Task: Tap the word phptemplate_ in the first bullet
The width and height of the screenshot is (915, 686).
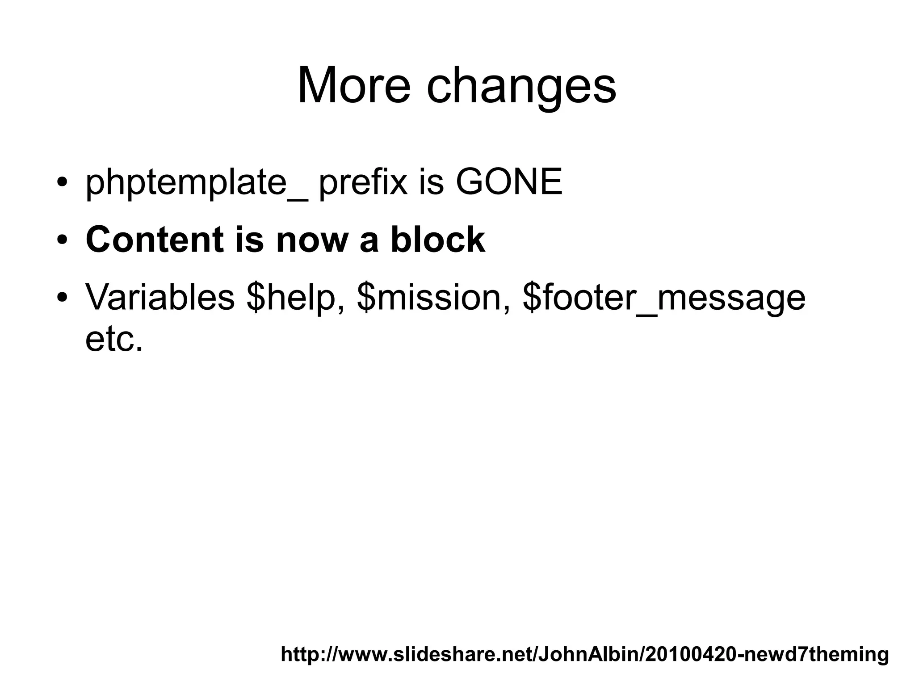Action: (x=197, y=183)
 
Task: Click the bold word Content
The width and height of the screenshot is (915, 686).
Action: (x=155, y=240)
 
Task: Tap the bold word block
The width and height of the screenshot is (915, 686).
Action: (x=438, y=240)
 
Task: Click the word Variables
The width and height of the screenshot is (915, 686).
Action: (x=160, y=298)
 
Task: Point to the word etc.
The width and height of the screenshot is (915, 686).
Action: (x=114, y=340)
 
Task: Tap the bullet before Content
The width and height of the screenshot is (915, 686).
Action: (x=62, y=241)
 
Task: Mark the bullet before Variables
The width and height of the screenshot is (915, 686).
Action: (x=62, y=298)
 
